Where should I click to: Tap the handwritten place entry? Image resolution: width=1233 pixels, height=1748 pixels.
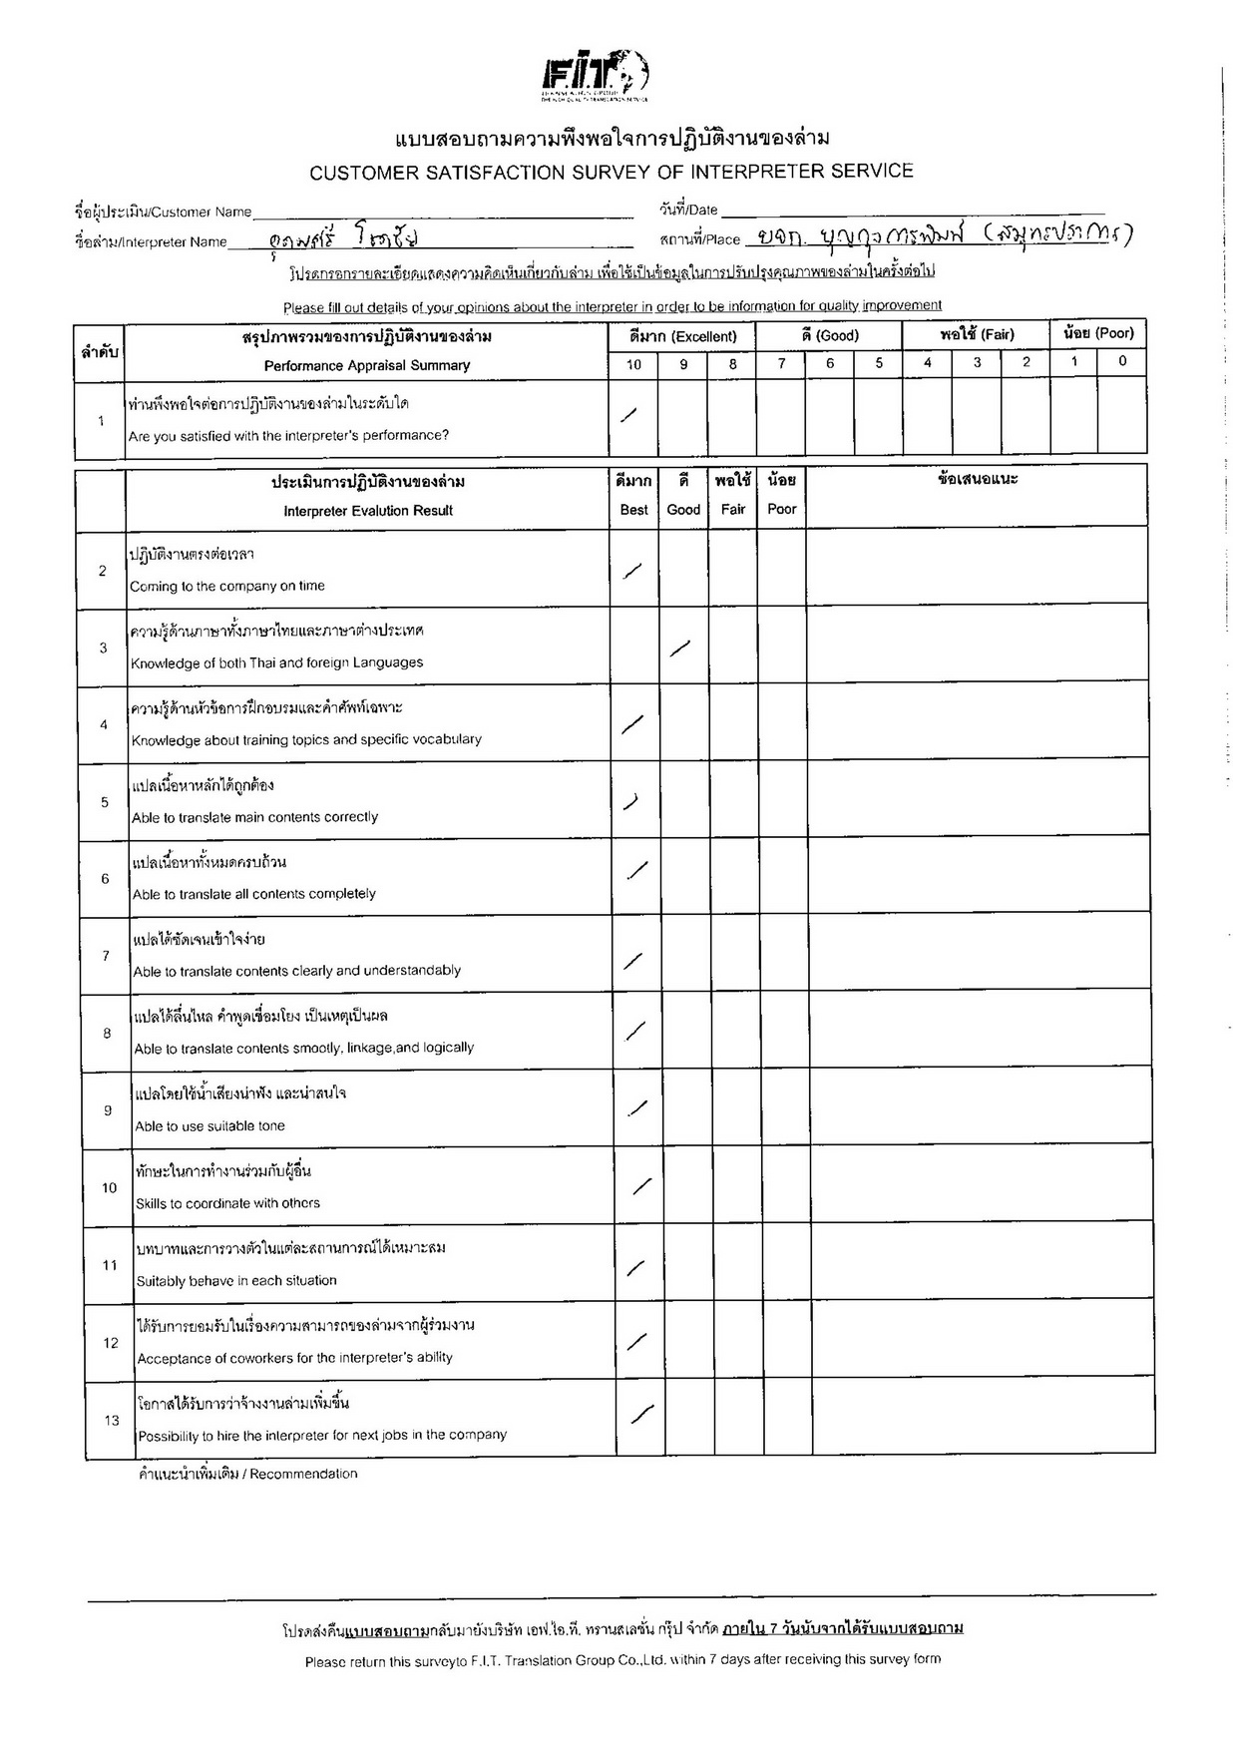click(x=943, y=235)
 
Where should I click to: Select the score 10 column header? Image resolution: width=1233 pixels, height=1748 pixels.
click(x=633, y=364)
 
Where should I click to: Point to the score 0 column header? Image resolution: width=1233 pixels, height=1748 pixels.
click(x=1122, y=362)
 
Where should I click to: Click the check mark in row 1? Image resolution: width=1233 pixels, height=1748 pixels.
click(x=629, y=415)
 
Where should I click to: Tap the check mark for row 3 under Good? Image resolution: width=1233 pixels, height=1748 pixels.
click(x=680, y=649)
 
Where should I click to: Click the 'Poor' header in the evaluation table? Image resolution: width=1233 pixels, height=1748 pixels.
click(x=782, y=509)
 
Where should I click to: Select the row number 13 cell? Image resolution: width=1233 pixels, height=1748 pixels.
click(x=112, y=1420)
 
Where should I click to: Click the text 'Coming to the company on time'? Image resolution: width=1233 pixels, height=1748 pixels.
click(x=227, y=586)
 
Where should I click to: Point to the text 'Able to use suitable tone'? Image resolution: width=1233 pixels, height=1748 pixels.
click(x=210, y=1125)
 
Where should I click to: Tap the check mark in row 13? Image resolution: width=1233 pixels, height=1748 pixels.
click(x=642, y=1414)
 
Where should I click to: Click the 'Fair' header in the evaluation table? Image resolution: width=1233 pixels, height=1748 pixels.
click(x=733, y=509)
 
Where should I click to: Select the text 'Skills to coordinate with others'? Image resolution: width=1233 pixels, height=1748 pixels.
click(x=228, y=1203)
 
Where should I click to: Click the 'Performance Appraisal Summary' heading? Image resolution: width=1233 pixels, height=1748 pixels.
click(x=367, y=365)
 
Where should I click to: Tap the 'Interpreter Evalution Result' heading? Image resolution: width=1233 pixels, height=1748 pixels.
click(x=368, y=511)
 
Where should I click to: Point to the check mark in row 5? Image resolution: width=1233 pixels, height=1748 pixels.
click(x=630, y=801)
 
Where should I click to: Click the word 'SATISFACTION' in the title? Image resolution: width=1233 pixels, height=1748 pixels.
click(x=495, y=173)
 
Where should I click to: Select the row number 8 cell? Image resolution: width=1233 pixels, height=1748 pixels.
click(x=107, y=1034)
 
